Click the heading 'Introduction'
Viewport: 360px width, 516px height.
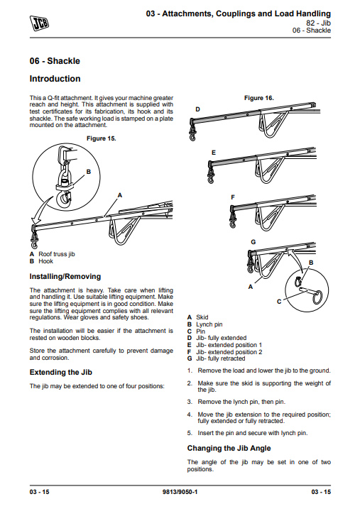(x=55, y=79)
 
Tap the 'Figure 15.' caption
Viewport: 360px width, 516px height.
(x=100, y=138)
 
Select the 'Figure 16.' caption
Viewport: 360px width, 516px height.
(x=258, y=97)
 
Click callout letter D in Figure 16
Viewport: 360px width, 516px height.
(x=197, y=109)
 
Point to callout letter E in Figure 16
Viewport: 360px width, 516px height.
(x=213, y=153)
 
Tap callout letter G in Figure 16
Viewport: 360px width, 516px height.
(x=253, y=242)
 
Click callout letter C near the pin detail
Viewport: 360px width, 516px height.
(x=278, y=302)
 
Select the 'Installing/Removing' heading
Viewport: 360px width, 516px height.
(x=65, y=276)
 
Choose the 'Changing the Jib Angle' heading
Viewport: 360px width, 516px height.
(x=229, y=448)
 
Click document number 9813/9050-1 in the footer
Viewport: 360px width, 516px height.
(x=180, y=491)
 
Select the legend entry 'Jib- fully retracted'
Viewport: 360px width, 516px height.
(x=220, y=359)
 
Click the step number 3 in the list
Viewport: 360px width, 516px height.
(x=190, y=401)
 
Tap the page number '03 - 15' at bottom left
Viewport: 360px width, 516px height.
(x=39, y=491)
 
